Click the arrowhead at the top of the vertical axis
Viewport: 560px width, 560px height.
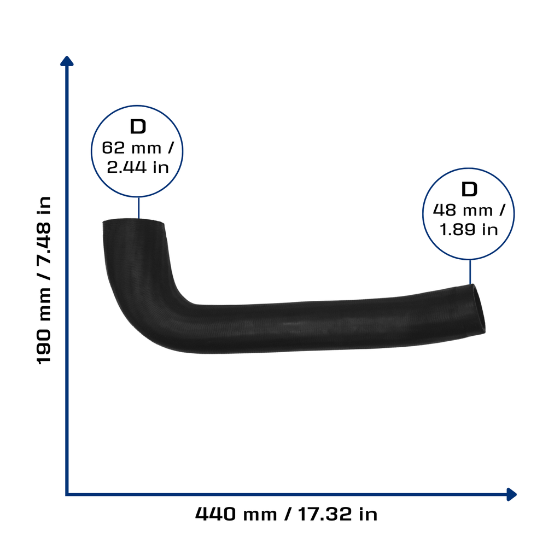pos(67,61)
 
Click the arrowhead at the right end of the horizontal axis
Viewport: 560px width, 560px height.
pos(512,494)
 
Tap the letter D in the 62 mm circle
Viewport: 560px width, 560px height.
pos(138,127)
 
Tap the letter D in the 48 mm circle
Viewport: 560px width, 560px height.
pos(469,189)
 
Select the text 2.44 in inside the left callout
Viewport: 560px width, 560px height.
pos(138,167)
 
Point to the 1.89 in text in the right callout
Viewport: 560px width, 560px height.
pos(469,229)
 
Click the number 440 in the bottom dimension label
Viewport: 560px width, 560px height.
pos(215,514)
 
